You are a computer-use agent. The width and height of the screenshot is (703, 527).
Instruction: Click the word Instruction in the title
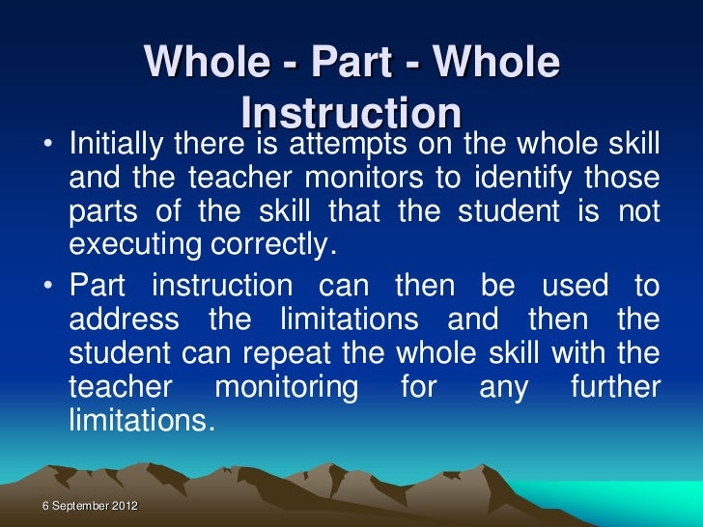tap(351, 113)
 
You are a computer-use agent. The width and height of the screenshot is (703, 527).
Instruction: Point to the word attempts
tap(349, 146)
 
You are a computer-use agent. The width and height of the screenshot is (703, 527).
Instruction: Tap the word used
tap(570, 286)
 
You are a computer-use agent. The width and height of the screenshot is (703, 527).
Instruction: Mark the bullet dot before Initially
tap(47, 147)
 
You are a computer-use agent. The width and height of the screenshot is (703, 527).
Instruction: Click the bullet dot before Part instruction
tap(47, 287)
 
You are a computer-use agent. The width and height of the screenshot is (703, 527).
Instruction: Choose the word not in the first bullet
tap(640, 213)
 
